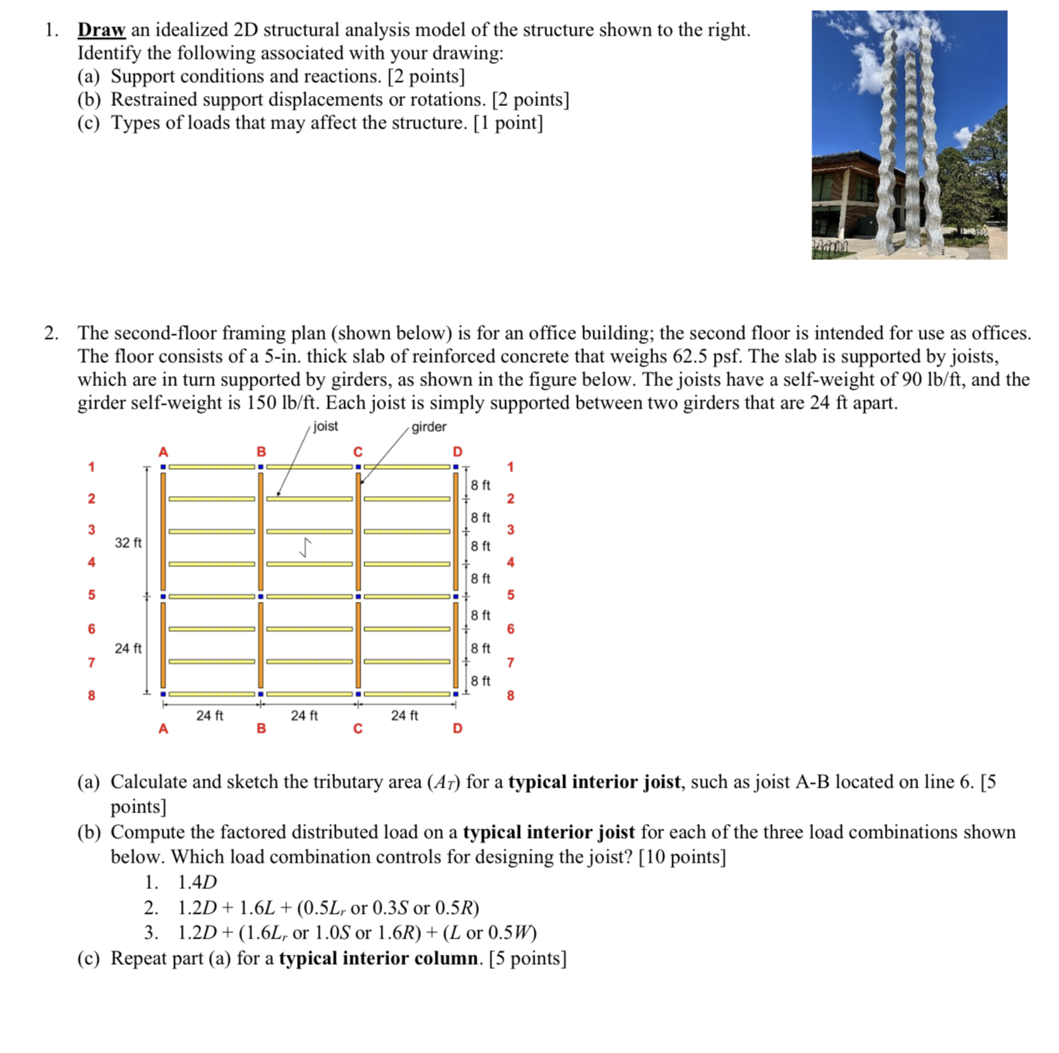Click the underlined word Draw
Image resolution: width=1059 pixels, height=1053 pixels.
pyautogui.click(x=101, y=30)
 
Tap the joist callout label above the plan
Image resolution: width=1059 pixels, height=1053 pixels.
pyautogui.click(x=325, y=426)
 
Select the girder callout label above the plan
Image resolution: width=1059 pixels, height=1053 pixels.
pyautogui.click(x=429, y=427)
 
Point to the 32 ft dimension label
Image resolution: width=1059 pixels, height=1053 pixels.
pyautogui.click(x=128, y=542)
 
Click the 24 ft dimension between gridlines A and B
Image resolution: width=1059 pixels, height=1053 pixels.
pyautogui.click(x=209, y=716)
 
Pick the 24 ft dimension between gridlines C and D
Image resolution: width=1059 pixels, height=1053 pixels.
pyautogui.click(x=404, y=716)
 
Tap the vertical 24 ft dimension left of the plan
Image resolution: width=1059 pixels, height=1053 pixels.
pyautogui.click(x=128, y=648)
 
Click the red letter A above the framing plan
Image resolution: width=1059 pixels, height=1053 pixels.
pyautogui.click(x=162, y=452)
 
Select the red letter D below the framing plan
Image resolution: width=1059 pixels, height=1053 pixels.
pyautogui.click(x=457, y=728)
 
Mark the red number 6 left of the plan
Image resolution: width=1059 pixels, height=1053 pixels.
pyautogui.click(x=91, y=629)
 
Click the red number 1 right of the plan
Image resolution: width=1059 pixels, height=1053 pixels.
pyautogui.click(x=510, y=467)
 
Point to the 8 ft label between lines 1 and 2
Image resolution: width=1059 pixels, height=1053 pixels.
pyautogui.click(x=480, y=485)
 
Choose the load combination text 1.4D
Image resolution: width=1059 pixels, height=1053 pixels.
pyautogui.click(x=197, y=882)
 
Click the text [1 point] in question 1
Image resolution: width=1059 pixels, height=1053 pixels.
pyautogui.click(x=507, y=123)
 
